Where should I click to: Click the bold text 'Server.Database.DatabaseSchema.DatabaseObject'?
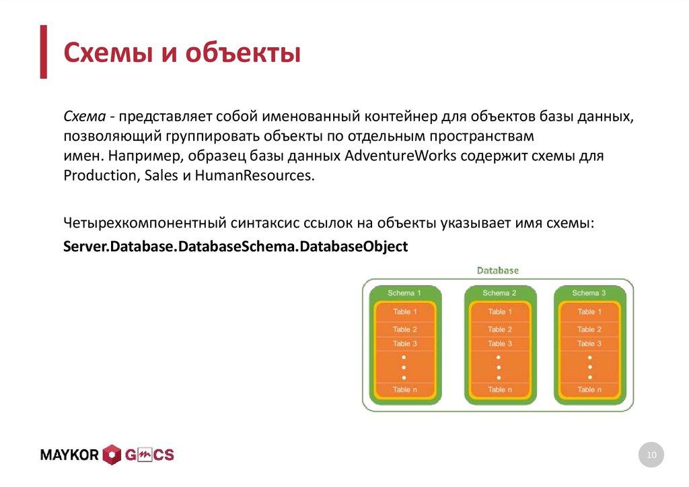coord(235,246)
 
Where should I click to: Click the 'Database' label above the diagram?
coord(498,270)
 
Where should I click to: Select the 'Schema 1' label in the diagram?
coord(404,293)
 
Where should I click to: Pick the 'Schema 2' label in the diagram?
coord(499,293)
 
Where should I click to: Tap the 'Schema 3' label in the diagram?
coord(589,293)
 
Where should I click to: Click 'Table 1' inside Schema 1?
coord(405,312)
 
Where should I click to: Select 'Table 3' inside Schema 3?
coord(589,344)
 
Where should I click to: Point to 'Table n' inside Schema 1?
coord(405,389)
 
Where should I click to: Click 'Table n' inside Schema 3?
coord(589,389)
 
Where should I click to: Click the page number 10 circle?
coord(651,455)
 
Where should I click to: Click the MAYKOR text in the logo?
coord(70,455)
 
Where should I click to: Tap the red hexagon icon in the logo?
coord(112,455)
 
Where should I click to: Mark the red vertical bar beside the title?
coord(43,52)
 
